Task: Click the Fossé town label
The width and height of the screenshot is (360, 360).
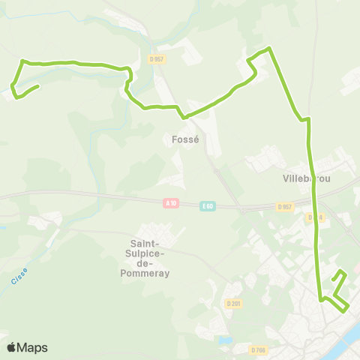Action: [x=184, y=139]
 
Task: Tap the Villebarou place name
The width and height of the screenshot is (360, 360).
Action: [x=307, y=178]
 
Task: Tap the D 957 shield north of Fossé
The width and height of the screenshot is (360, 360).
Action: [x=156, y=58]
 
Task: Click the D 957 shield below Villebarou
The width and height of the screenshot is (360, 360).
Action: [x=284, y=206]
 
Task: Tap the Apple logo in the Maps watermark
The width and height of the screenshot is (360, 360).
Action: [x=12, y=347]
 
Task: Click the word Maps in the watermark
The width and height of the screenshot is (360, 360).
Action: [x=33, y=347]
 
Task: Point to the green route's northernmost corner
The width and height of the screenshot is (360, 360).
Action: [x=268, y=49]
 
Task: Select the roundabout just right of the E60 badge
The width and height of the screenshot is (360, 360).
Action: [x=242, y=209]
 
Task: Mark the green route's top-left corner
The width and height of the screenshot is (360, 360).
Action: [x=22, y=61]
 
